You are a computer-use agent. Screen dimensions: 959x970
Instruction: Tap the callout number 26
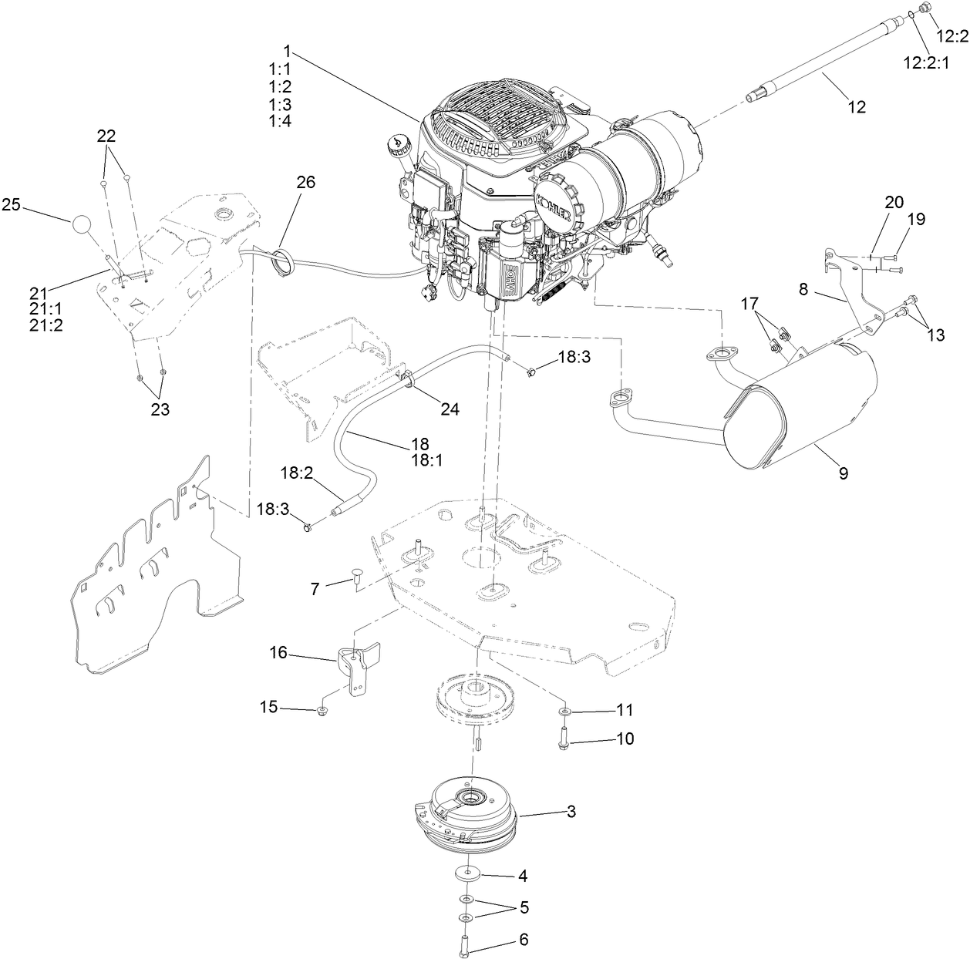(x=305, y=183)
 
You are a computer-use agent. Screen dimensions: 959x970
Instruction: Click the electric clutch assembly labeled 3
(x=470, y=818)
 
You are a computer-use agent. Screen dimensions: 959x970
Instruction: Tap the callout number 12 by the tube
(x=856, y=107)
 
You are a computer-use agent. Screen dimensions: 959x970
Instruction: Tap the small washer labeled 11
(x=564, y=709)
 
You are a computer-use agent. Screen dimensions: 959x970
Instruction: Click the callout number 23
(x=159, y=410)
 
